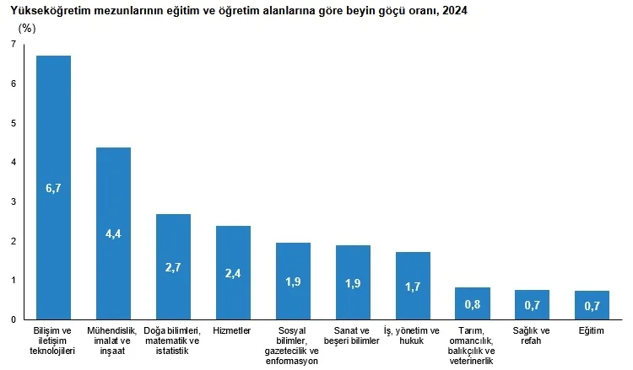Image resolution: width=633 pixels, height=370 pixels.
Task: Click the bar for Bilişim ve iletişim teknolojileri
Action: point(53,126)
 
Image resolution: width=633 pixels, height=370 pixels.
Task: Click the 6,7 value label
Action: point(53,189)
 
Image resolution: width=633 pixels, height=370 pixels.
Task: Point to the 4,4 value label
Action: point(113,234)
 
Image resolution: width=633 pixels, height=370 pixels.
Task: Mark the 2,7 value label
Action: point(173,268)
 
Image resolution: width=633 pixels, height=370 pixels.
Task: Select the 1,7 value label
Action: point(413,287)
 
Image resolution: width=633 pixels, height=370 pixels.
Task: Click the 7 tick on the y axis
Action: point(14,44)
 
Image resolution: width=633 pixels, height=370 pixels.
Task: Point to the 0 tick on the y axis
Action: point(14,320)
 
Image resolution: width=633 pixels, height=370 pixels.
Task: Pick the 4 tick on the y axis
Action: point(14,162)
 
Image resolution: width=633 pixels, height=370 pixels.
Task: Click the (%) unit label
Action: point(28,27)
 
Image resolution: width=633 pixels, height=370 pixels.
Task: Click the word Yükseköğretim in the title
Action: point(45,10)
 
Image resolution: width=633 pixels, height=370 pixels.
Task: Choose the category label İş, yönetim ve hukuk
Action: point(413,335)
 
